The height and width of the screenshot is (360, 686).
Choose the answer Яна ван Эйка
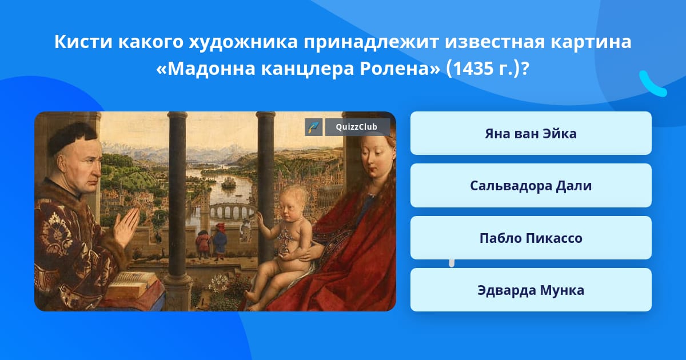pyautogui.click(x=531, y=134)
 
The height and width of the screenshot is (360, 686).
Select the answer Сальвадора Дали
pyautogui.click(x=531, y=186)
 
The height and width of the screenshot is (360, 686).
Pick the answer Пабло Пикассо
pyautogui.click(x=531, y=238)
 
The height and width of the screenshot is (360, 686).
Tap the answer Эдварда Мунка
pyautogui.click(x=531, y=290)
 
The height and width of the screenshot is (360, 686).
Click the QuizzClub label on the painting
pyautogui.click(x=357, y=127)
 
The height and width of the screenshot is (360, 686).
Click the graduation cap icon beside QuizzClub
pyautogui.click(x=314, y=127)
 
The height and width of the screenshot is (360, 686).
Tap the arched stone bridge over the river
pyautogui.click(x=232, y=211)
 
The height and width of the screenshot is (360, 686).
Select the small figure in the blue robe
pyautogui.click(x=220, y=241)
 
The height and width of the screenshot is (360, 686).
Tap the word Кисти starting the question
pyautogui.click(x=83, y=42)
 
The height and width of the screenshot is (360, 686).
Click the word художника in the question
pyautogui.click(x=243, y=42)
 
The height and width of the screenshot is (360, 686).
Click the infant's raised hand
pyautogui.click(x=260, y=218)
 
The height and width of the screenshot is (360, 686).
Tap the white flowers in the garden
pyautogui.click(x=218, y=283)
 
